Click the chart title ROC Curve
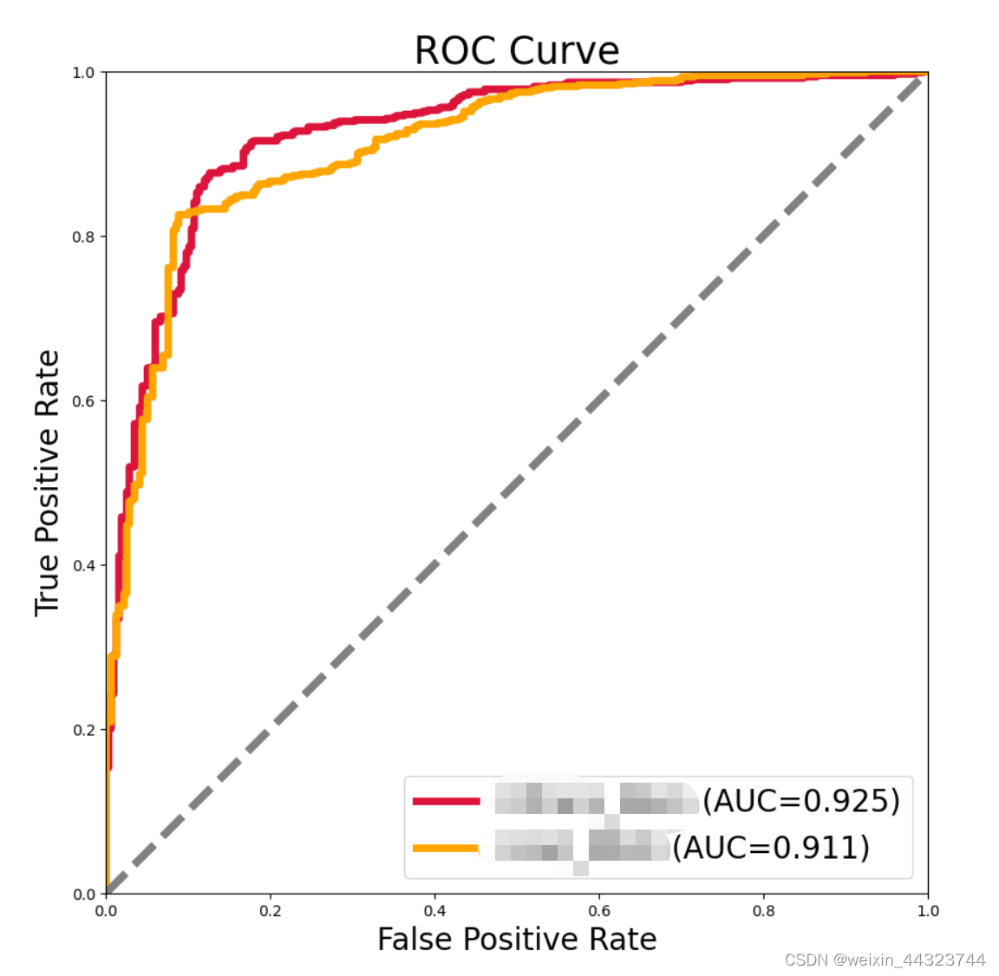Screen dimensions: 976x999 point(517,50)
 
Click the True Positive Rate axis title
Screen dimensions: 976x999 point(48,483)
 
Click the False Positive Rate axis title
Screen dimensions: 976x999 point(517,940)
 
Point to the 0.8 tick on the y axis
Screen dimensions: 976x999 point(83,237)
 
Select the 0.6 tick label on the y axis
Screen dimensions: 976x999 point(83,401)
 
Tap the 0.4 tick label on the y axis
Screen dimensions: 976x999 point(83,565)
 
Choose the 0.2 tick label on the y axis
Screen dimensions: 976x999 point(83,730)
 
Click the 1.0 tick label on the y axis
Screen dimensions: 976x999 point(83,73)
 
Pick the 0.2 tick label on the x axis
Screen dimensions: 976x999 point(271,911)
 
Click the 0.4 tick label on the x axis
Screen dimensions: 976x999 point(434,911)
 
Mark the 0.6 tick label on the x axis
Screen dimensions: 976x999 point(599,911)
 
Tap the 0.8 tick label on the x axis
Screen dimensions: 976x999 point(764,911)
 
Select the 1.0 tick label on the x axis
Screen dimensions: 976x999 point(928,911)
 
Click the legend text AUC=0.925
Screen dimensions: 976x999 point(801,801)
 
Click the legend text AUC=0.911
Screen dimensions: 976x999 point(771,847)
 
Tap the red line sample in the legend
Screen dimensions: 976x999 point(446,801)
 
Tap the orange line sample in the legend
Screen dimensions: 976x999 point(446,848)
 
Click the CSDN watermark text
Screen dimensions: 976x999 point(885,960)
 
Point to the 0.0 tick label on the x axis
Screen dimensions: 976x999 point(106,911)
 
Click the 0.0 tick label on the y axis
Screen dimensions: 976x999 point(83,895)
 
